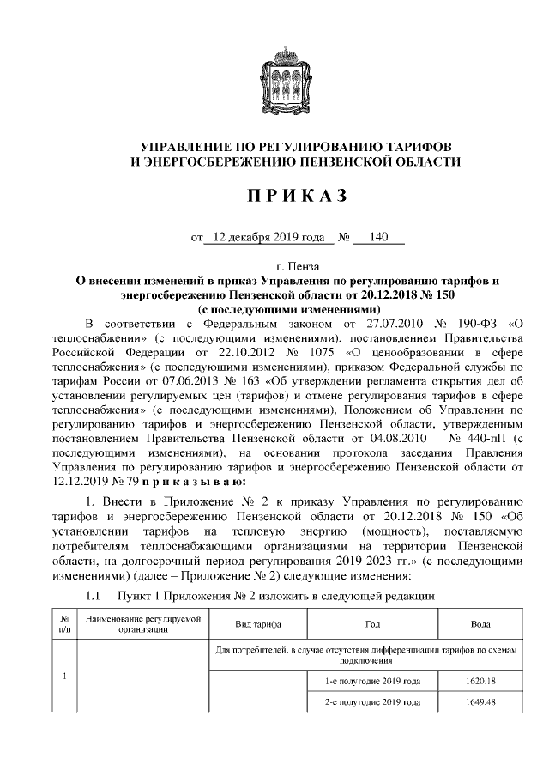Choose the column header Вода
click(x=480, y=624)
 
